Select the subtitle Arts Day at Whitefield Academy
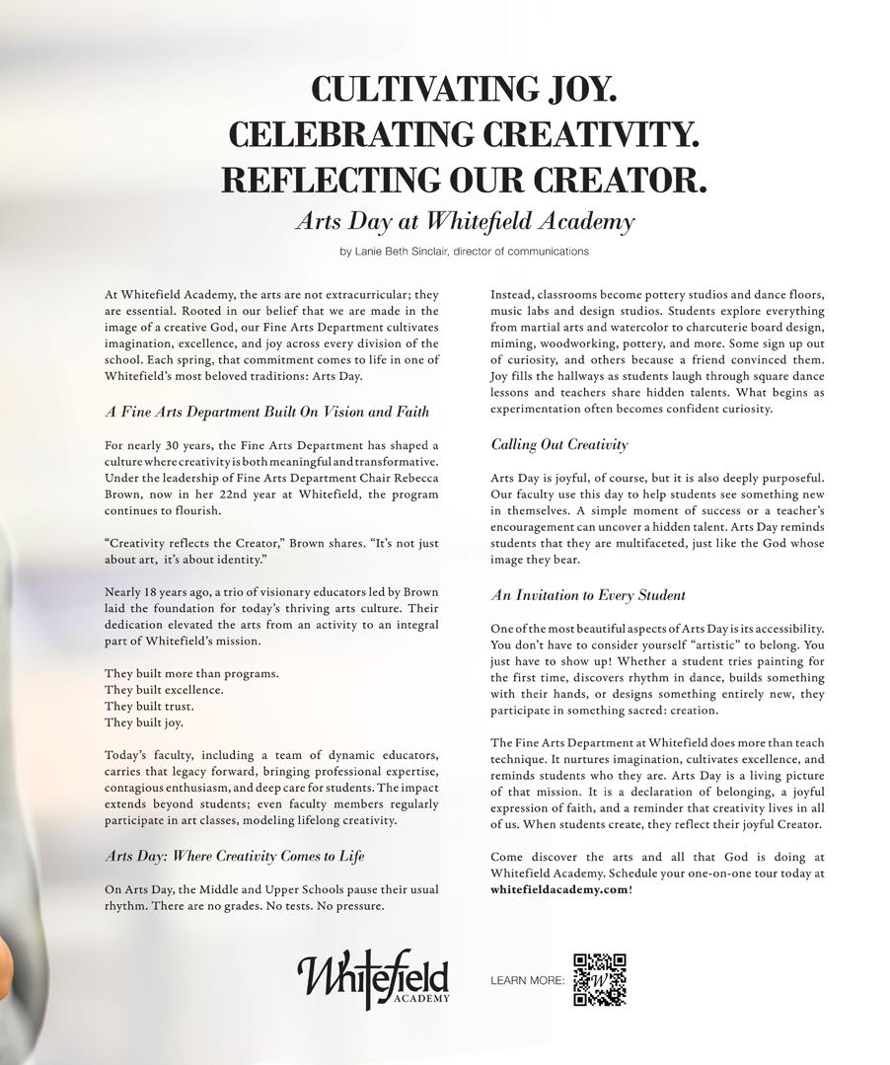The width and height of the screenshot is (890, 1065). coord(464,221)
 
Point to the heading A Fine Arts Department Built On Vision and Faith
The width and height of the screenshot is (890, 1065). coord(266,412)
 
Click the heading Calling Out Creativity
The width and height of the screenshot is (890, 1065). coord(558,445)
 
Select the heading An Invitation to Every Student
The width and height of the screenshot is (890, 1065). coord(588,595)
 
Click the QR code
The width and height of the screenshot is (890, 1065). coord(600,979)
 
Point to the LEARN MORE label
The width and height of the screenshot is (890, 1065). coord(527,981)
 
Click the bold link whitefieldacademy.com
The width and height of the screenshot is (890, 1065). coord(557,889)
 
